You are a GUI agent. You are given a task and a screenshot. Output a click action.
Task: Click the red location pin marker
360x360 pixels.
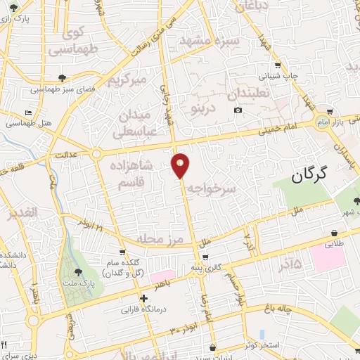[181, 165]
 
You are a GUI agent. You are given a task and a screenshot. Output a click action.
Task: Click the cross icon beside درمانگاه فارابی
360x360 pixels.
[143, 299]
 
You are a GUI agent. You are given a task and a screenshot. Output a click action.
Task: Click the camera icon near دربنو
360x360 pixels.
[238, 110]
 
